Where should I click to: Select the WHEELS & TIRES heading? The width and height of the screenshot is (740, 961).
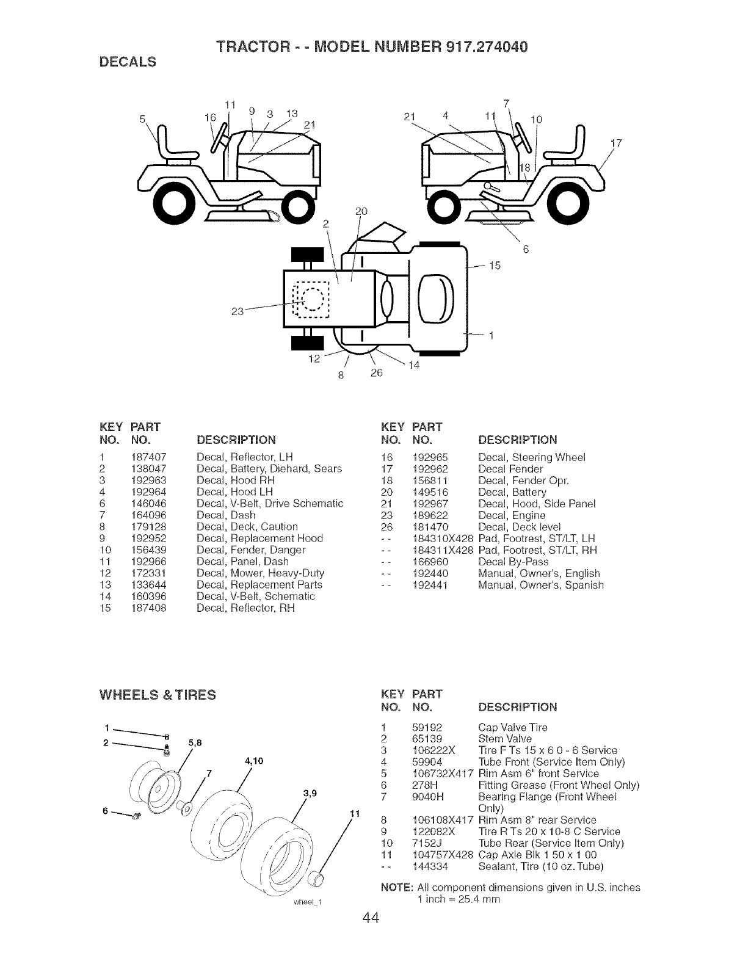pyautogui.click(x=157, y=694)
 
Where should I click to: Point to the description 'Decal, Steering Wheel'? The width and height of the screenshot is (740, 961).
pyautogui.click(x=532, y=457)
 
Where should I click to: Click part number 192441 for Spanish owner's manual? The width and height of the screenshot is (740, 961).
pyautogui.click(x=430, y=585)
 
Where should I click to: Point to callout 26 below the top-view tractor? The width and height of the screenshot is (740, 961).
pyautogui.click(x=375, y=372)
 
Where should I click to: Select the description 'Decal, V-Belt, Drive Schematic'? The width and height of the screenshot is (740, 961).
pyautogui.click(x=270, y=503)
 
